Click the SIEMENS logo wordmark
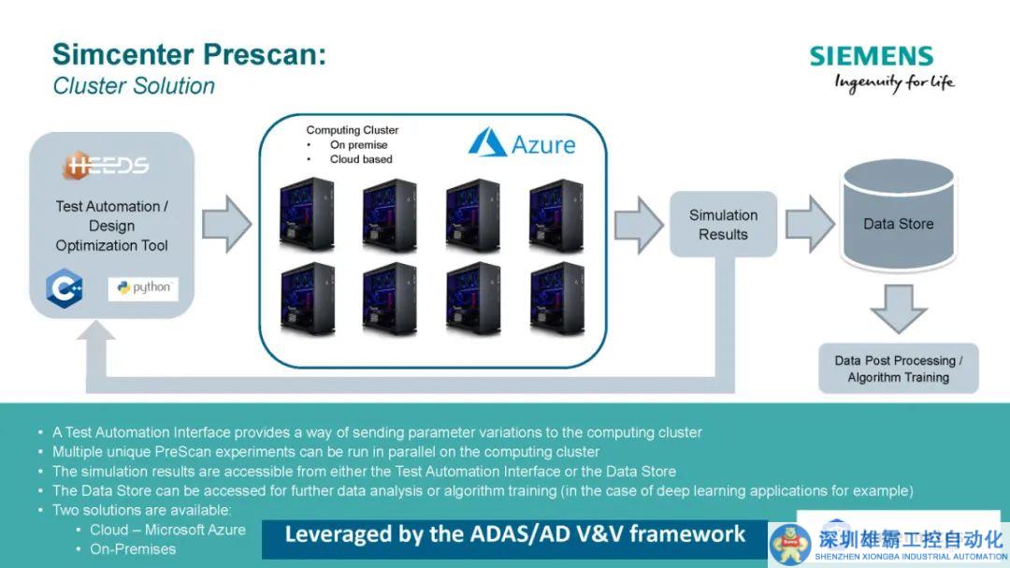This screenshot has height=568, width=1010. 872,56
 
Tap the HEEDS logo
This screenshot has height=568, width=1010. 107,167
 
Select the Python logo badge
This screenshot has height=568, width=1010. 143,288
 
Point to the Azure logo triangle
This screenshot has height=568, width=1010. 487,143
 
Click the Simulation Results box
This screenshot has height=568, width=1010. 723,225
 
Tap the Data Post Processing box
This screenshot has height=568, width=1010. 898,369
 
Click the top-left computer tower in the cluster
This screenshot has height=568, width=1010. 306,213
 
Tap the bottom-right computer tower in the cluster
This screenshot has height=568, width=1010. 556,298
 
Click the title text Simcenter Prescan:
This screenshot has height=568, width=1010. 189,54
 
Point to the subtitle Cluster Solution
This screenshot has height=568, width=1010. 134,86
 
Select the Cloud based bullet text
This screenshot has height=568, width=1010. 361,159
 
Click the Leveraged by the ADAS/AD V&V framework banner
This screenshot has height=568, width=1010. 514,534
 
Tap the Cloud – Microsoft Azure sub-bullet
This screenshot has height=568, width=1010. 167,530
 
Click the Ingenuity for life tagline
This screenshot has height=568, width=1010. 894,82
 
